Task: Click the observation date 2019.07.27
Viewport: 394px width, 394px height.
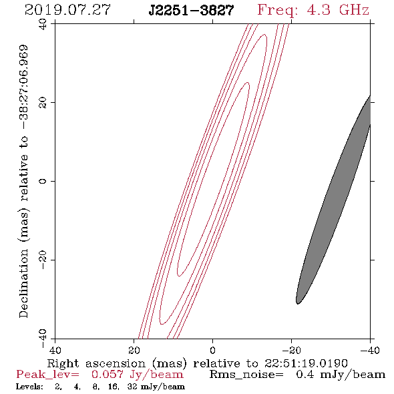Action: coord(67,10)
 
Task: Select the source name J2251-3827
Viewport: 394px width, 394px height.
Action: coord(191,11)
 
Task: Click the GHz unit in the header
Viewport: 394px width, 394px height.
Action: coord(354,10)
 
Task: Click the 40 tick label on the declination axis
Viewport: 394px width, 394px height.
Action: coord(43,25)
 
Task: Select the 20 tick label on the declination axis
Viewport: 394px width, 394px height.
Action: coord(43,103)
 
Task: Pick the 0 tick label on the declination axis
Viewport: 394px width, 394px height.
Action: coord(43,181)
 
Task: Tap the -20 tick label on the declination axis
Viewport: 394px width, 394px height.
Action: coord(43,260)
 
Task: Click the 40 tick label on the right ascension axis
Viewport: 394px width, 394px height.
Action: coord(55,351)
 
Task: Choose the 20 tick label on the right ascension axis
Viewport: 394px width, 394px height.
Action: coord(134,351)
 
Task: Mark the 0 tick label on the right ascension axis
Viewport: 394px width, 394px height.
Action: coord(213,351)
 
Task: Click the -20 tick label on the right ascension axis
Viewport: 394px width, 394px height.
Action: coord(291,351)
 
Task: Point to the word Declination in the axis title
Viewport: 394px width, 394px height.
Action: coord(23,283)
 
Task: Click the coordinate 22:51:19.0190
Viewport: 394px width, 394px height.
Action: coord(306,363)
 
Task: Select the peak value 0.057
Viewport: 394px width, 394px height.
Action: coord(108,375)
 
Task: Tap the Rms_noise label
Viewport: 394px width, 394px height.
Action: coord(246,375)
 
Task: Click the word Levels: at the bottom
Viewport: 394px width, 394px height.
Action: coord(29,387)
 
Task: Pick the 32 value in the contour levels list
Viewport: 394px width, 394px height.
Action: coord(132,387)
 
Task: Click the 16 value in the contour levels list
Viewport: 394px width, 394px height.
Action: coord(113,387)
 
